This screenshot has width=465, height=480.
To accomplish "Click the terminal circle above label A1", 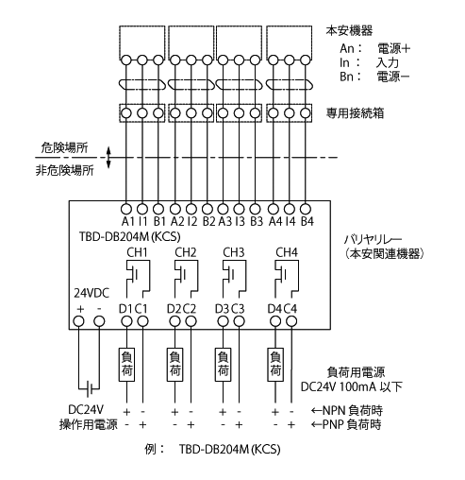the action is point(126,209).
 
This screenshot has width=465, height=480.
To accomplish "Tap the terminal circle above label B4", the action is point(306,209).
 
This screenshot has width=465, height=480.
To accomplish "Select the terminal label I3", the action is point(240,221).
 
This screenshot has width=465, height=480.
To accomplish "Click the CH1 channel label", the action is point(137,252).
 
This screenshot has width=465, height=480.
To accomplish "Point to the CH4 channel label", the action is point(287,252).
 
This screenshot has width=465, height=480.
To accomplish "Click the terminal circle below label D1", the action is point(126,321).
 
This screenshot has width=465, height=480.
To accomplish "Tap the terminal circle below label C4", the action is point(291,321).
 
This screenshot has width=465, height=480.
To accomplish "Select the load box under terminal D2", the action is point(174,365).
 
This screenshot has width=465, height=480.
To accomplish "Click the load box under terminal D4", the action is point(275,365).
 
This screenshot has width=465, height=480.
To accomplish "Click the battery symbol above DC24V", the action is point(90,390).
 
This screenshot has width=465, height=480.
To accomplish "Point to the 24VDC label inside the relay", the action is point(91,293).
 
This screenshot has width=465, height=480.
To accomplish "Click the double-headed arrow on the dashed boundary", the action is point(108,157).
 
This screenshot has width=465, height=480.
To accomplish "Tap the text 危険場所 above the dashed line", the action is point(64,147).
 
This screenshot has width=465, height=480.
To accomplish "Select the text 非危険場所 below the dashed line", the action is point(64,170).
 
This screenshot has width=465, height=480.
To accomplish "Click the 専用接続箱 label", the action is point(355,113).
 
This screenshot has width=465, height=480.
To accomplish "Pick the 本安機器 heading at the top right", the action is point(349,30).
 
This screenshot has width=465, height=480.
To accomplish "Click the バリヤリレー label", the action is point(374,240).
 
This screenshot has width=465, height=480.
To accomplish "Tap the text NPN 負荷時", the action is point(353,411).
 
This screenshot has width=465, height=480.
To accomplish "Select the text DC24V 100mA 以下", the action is point(352,386).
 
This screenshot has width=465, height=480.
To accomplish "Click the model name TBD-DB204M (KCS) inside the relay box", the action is point(130,236).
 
